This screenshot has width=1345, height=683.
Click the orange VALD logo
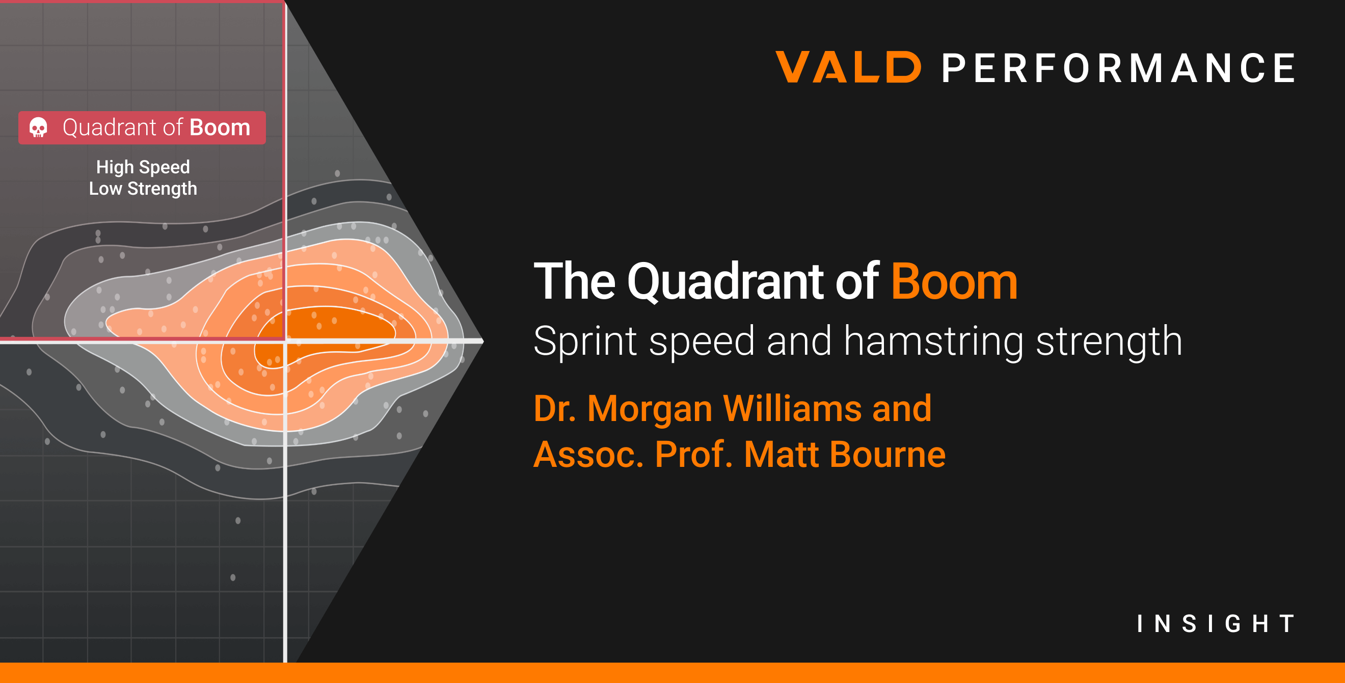tap(848, 67)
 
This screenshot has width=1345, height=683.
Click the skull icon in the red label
tap(38, 127)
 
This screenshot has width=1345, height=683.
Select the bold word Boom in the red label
tap(220, 127)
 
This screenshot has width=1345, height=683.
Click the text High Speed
tap(143, 167)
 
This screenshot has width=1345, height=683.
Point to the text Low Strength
tap(143, 189)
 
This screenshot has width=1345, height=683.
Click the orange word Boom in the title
tap(954, 282)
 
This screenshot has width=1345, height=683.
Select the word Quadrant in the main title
tap(727, 282)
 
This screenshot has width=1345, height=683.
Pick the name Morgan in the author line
tap(650, 408)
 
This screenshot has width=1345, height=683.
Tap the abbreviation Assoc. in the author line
tap(588, 454)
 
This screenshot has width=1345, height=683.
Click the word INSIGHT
tap(1216, 623)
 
